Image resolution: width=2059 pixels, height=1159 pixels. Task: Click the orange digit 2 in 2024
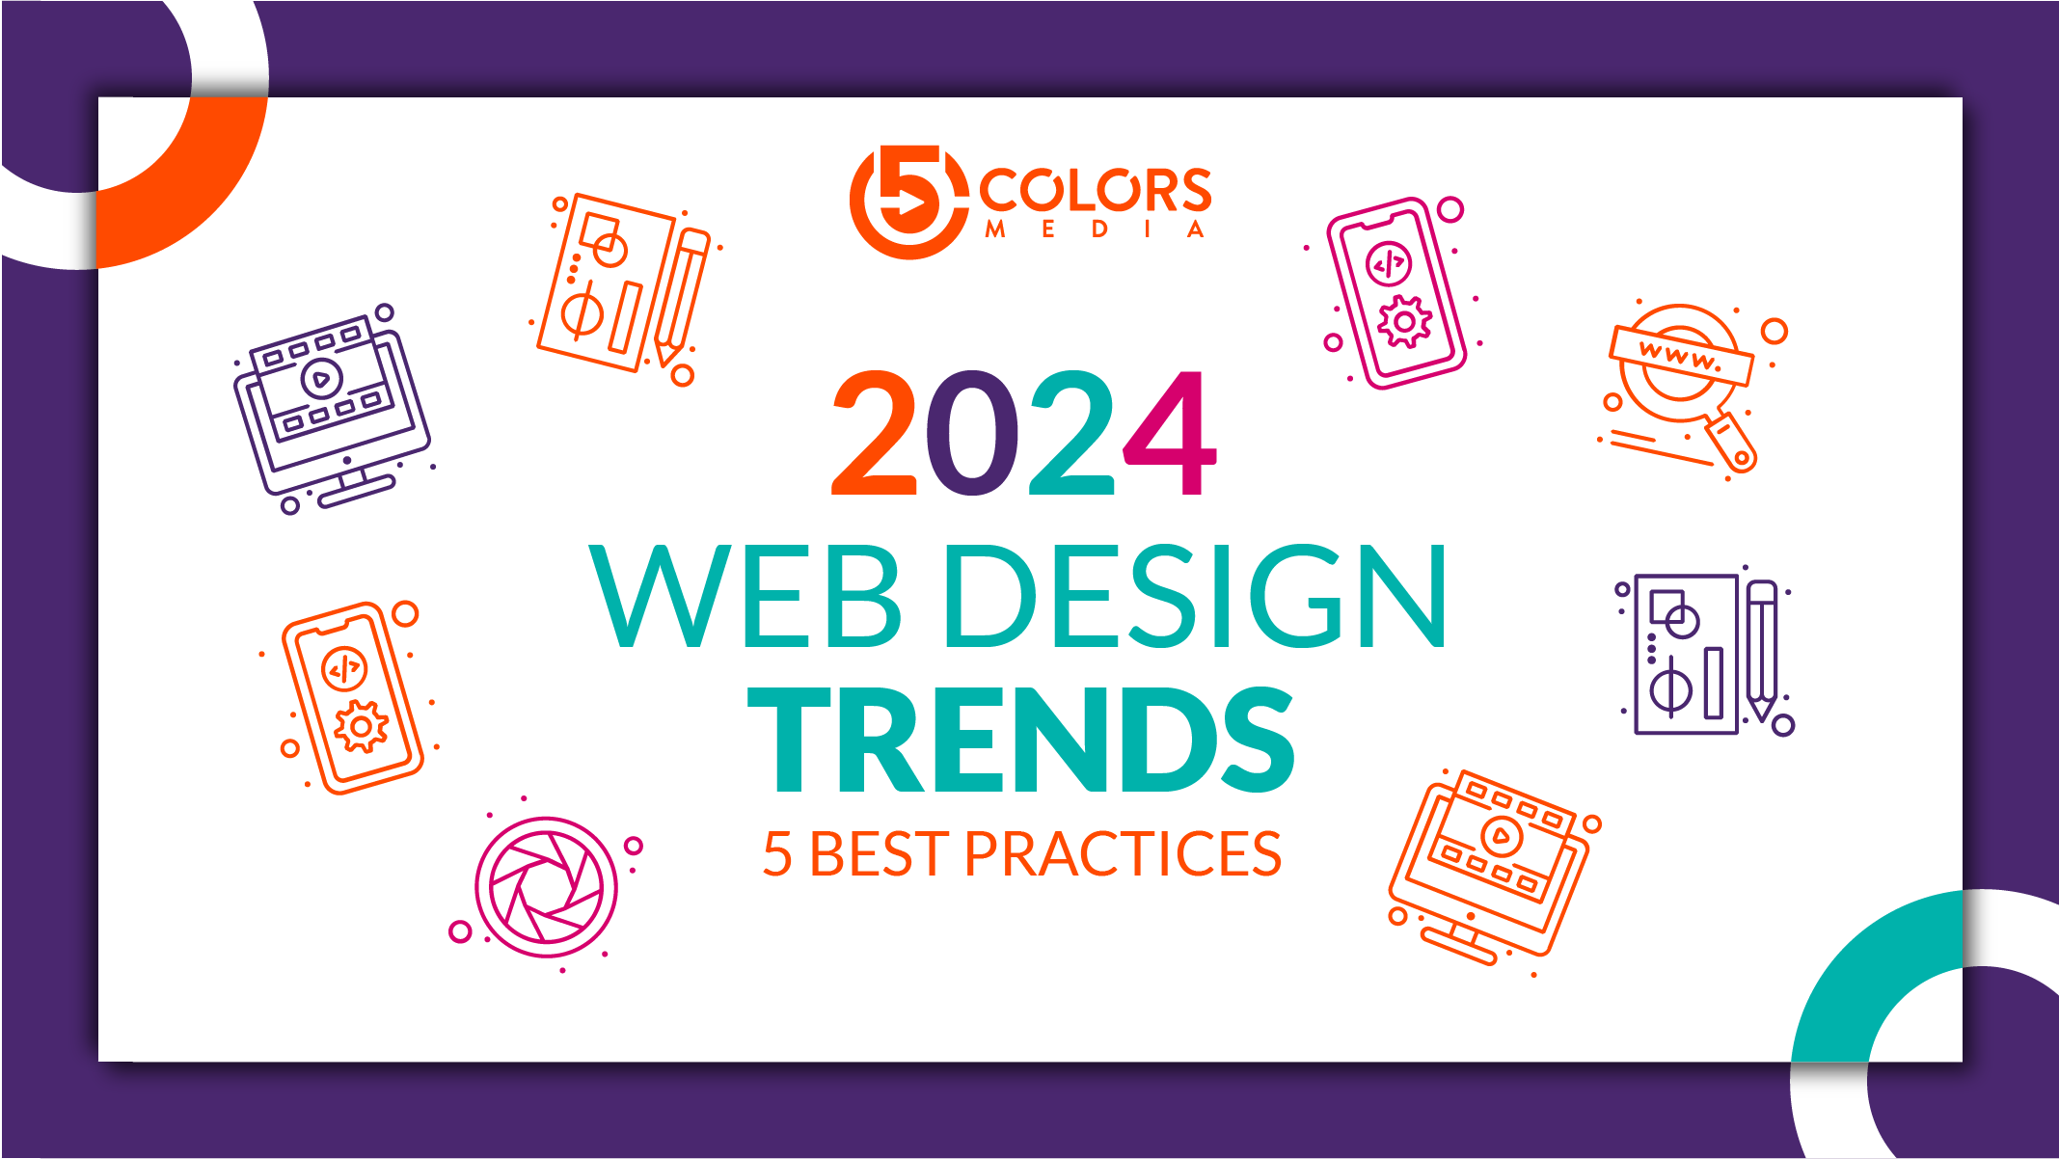click(874, 433)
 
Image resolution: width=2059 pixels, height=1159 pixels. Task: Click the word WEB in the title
click(745, 596)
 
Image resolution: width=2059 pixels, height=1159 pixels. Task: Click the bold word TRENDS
click(1020, 740)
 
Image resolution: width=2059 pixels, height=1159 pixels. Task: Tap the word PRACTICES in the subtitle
click(1123, 854)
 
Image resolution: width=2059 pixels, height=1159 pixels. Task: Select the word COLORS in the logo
click(1096, 190)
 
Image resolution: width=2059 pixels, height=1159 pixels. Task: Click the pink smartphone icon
click(1395, 293)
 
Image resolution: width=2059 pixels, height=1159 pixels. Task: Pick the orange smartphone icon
click(352, 698)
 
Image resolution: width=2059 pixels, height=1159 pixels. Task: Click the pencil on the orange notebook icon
click(683, 295)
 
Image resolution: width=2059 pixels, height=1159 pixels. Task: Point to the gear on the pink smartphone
click(1404, 321)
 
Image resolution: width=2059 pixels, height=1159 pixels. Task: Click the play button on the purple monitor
click(321, 379)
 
